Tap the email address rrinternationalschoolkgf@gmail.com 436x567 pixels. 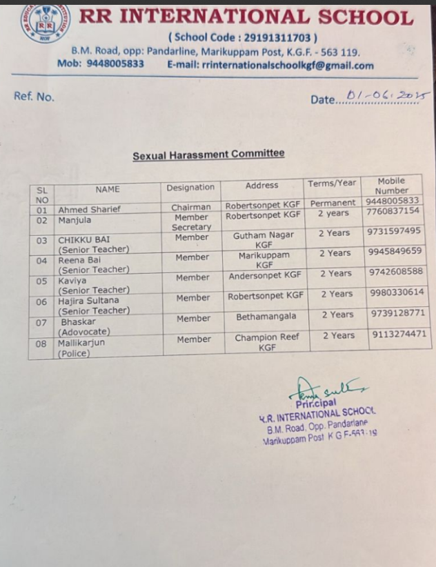(288, 66)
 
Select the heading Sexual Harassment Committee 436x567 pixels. (208, 155)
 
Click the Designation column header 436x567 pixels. (190, 187)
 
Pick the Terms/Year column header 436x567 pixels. (333, 183)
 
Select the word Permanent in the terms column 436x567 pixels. (333, 203)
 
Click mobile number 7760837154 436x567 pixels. (393, 211)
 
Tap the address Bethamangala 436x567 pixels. (266, 317)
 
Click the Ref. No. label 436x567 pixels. (34, 97)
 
